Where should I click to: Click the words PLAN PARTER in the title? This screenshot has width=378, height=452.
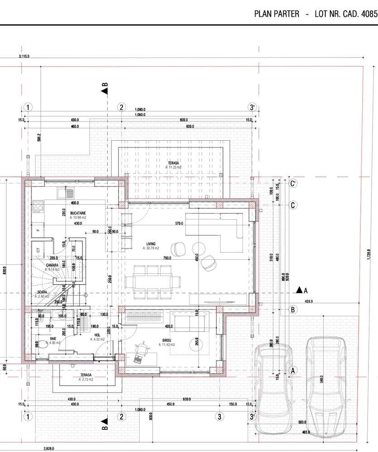[x=277, y=14]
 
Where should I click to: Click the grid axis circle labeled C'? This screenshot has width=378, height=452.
[x=293, y=184]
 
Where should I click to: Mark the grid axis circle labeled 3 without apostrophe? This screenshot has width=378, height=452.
[x=220, y=416]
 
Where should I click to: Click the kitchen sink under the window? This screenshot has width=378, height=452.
[x=66, y=193]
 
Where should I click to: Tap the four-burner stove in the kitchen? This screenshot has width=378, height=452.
[x=38, y=207]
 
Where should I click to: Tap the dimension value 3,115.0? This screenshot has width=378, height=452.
[x=24, y=56]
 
